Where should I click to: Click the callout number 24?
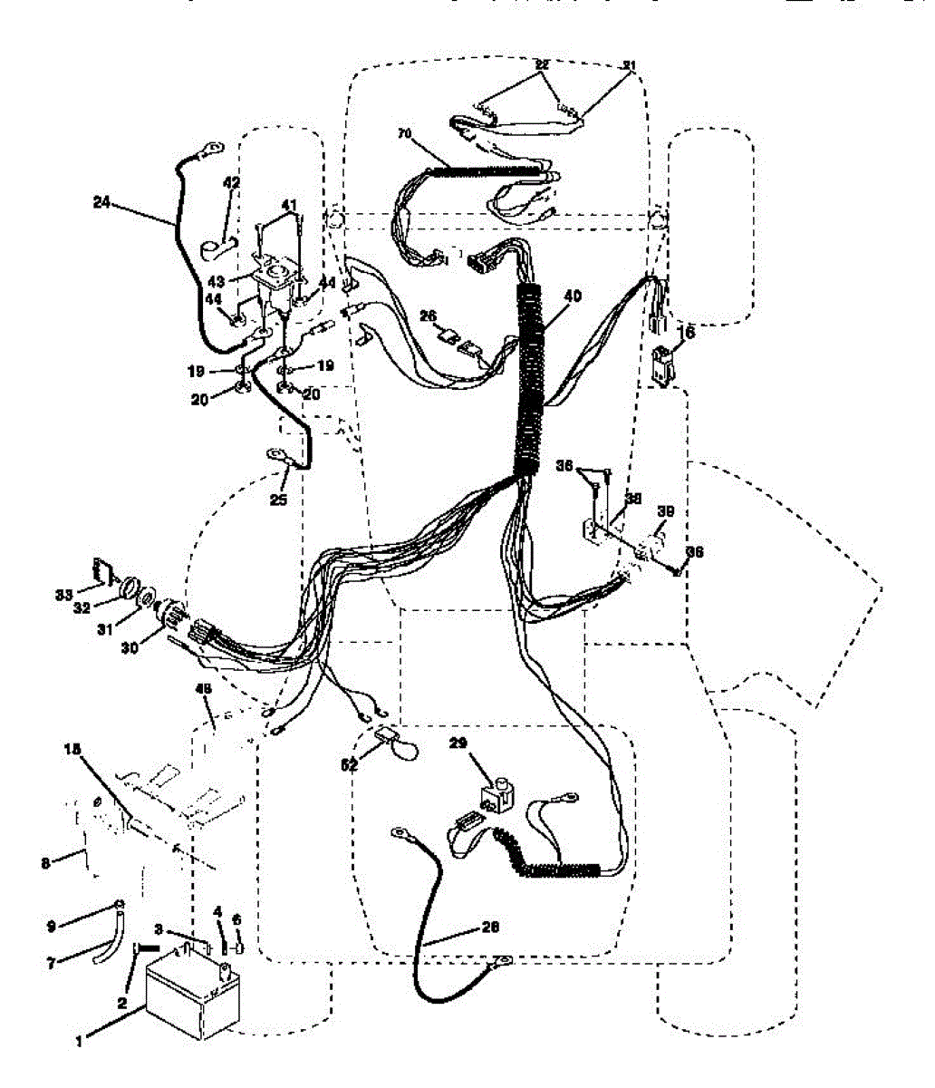click(x=101, y=203)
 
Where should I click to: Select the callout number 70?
click(x=404, y=133)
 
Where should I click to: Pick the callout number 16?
click(x=688, y=335)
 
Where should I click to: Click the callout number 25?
click(x=278, y=500)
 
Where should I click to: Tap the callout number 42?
click(x=232, y=183)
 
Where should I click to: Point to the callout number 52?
click(x=349, y=764)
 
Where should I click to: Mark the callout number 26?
click(x=429, y=316)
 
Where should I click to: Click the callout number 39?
click(x=665, y=512)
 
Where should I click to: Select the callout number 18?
click(x=72, y=750)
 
